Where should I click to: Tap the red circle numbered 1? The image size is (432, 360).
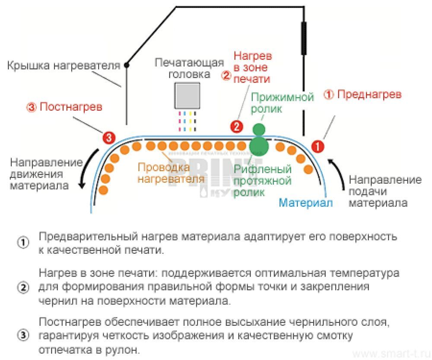pyautogui.click(x=318, y=146)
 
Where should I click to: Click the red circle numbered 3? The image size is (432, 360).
pyautogui.click(x=108, y=138)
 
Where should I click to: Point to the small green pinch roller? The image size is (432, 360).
pyautogui.click(x=258, y=129)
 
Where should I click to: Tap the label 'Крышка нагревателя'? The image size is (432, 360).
pyautogui.click(x=64, y=66)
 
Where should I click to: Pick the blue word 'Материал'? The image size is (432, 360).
pyautogui.click(x=306, y=202)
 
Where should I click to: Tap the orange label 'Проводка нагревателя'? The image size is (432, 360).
pyautogui.click(x=164, y=172)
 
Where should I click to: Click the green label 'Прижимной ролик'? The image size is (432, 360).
pyautogui.click(x=283, y=103)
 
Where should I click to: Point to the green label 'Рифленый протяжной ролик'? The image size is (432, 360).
pyautogui.click(x=263, y=181)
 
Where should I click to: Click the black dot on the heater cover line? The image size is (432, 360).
pyautogui.click(x=127, y=65)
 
